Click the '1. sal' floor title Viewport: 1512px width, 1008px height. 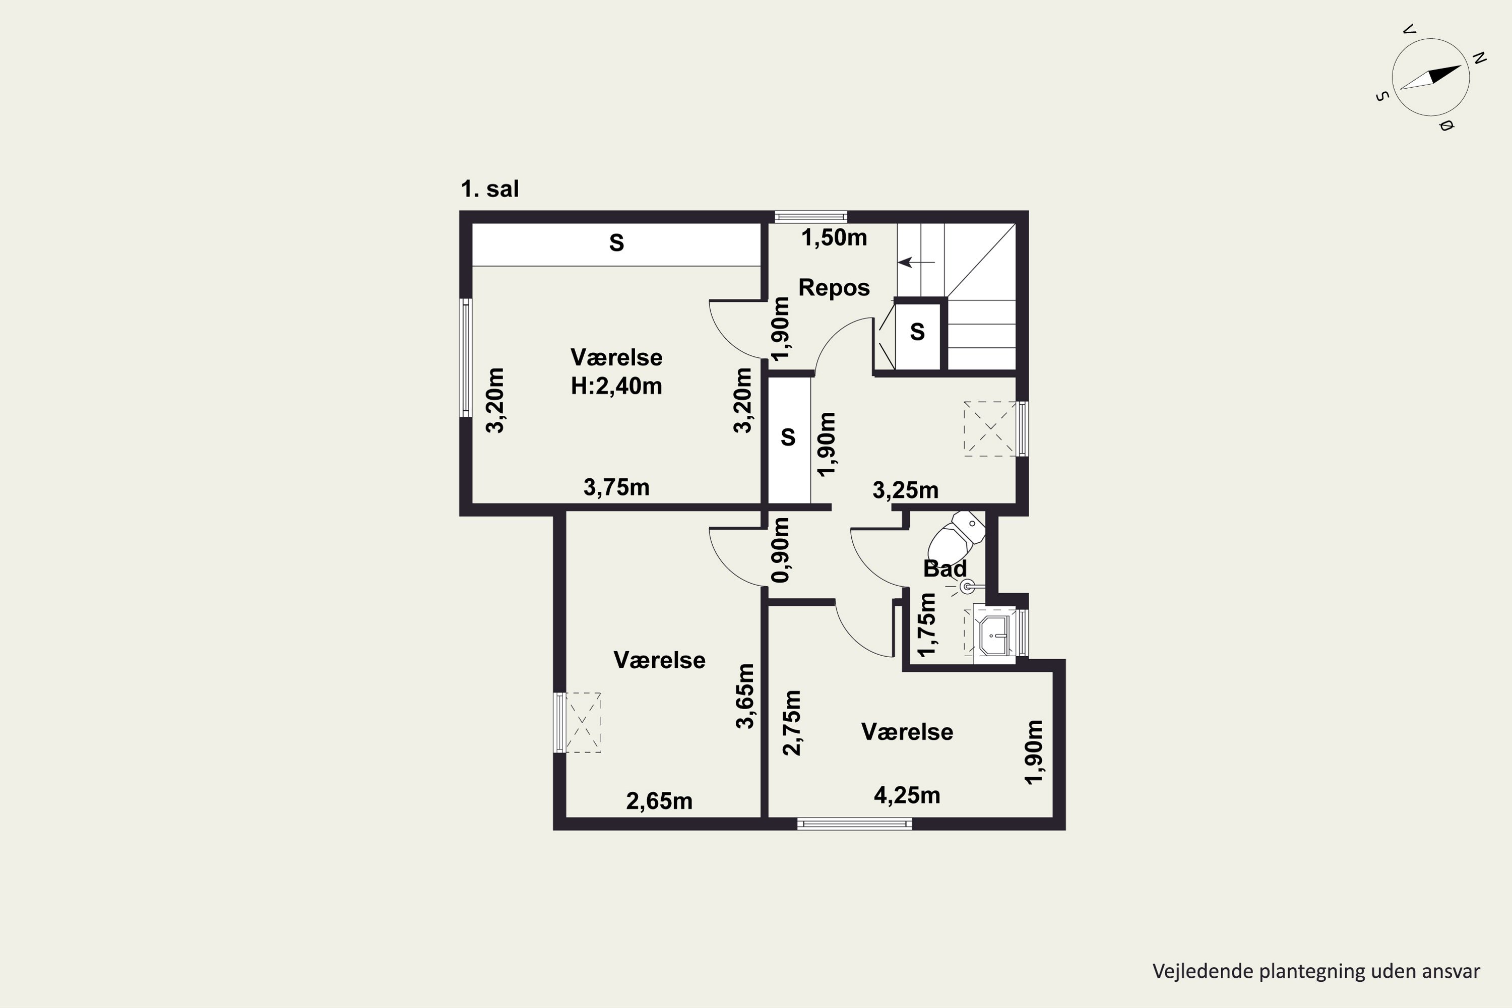coord(490,189)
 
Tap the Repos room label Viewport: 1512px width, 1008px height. coord(834,288)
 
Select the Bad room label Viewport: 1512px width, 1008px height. coord(944,569)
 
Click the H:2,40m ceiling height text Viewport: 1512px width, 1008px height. coord(616,386)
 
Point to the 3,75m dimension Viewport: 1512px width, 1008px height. coord(616,487)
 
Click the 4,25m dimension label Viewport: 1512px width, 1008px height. coord(907,796)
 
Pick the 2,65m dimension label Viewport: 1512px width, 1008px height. coord(660,801)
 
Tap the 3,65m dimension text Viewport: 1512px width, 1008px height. coord(745,696)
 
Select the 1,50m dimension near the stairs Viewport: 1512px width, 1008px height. coord(834,238)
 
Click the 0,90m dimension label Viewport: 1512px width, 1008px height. coord(780,550)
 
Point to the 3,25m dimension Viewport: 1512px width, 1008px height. coord(905,490)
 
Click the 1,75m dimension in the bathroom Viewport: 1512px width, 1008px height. coord(927,625)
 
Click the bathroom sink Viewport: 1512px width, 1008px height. coord(994,635)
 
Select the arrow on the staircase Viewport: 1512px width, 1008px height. coord(916,262)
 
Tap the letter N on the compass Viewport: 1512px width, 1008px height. coord(1479,58)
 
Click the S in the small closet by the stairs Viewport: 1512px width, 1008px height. coord(917,332)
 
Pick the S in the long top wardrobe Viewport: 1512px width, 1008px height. coord(616,243)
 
